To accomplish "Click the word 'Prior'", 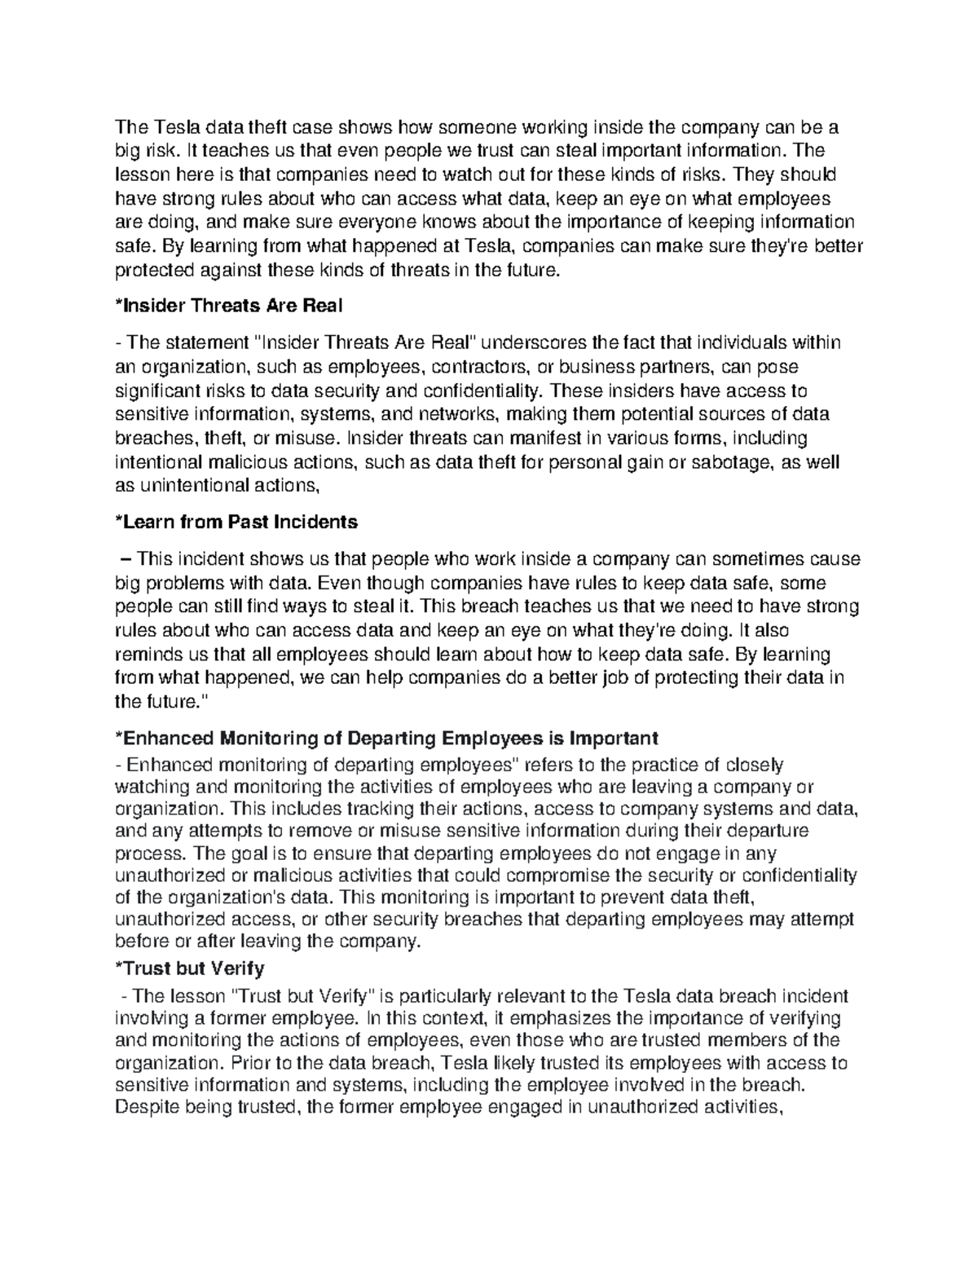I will pos(249,1063).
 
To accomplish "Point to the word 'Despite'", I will pos(142,1107).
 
